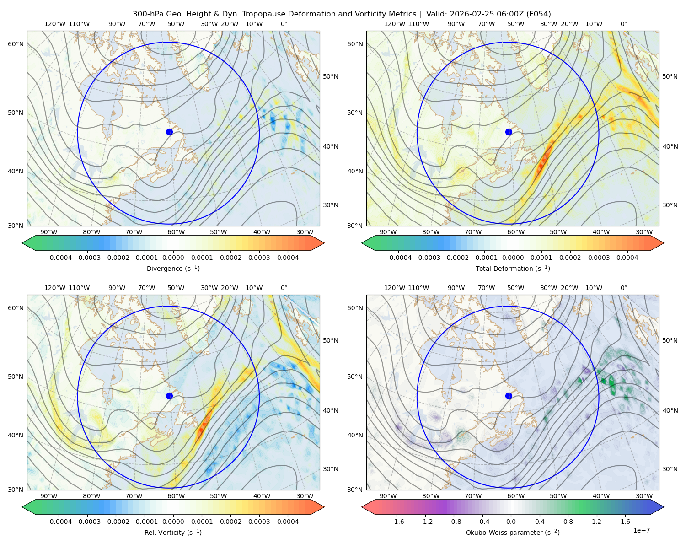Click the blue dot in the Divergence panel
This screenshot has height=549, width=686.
(x=169, y=132)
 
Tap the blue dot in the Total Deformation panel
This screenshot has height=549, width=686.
(x=509, y=132)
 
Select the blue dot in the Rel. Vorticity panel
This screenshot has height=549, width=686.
(x=169, y=396)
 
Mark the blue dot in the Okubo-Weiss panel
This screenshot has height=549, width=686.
(x=509, y=396)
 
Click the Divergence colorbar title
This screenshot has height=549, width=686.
(x=173, y=269)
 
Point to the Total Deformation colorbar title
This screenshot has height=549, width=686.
(x=513, y=269)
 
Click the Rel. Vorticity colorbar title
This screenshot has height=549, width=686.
(x=173, y=533)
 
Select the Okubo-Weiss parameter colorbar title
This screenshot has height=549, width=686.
(x=513, y=533)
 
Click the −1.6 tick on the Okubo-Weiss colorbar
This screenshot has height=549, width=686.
(x=397, y=522)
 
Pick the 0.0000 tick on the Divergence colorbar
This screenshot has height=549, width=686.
(x=173, y=258)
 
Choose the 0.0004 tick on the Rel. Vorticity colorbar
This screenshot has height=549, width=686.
(x=288, y=522)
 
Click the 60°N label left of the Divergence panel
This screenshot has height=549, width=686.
(x=16, y=44)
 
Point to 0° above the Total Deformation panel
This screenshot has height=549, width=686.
(x=623, y=24)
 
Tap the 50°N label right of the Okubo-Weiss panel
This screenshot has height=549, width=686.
(x=670, y=340)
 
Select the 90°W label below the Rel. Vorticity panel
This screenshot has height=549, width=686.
(x=49, y=496)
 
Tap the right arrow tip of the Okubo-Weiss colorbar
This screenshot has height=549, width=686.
(x=664, y=507)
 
